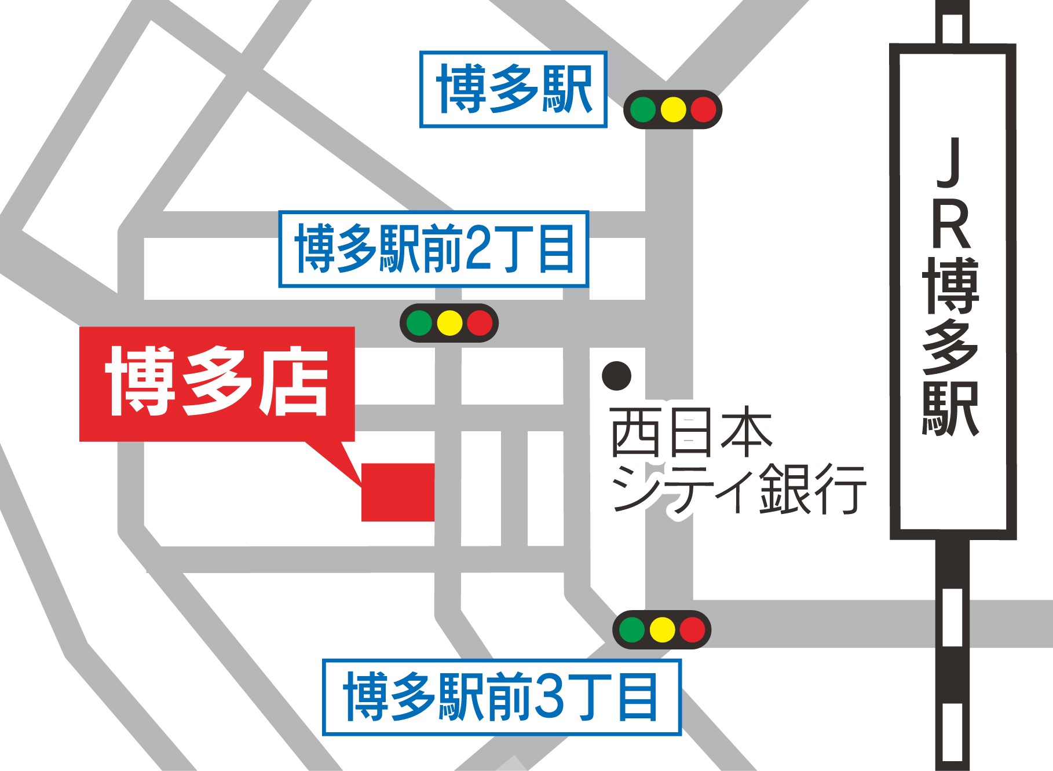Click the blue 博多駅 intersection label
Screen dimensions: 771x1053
tap(513, 89)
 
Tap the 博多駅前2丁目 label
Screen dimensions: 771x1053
tap(433, 249)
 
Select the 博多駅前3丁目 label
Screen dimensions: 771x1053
tap(502, 697)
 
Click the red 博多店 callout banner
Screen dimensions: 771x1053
tap(217, 383)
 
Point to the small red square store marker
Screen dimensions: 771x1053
tap(398, 492)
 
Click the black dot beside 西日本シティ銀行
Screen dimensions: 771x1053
tap(616, 376)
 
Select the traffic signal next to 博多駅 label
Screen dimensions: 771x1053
tap(672, 109)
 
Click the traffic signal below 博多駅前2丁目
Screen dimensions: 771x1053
tap(449, 323)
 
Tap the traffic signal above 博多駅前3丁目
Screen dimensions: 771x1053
tap(661, 630)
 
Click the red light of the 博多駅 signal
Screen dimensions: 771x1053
tap(703, 109)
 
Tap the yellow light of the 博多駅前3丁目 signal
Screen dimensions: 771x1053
tap(662, 630)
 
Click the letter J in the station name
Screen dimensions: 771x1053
tap(950, 164)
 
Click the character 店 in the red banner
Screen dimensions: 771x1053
tap(294, 382)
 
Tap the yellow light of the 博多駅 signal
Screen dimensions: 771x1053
tap(673, 109)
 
